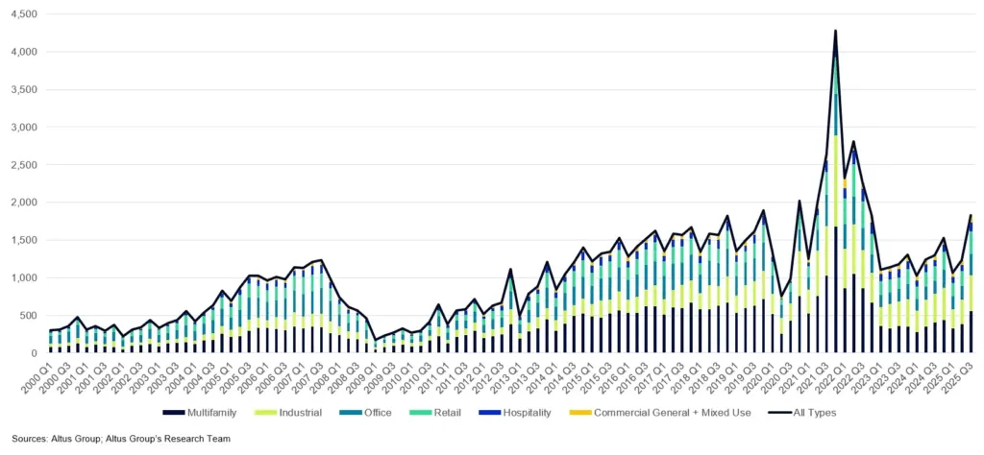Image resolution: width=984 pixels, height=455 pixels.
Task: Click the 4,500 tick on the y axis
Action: tap(21, 14)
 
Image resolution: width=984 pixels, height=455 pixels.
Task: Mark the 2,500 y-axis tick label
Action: tap(21, 165)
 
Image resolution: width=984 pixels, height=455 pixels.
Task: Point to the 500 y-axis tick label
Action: tap(27, 316)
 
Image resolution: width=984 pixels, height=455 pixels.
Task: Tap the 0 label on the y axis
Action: tap(33, 353)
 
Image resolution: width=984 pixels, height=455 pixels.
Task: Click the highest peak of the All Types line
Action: tap(835, 31)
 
